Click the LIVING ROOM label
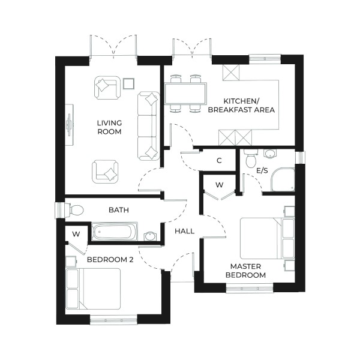tap(110, 127)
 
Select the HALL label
tap(184, 231)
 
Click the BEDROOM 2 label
tap(110, 260)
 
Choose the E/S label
tap(262, 171)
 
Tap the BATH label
tap(118, 210)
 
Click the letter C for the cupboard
tap(219, 160)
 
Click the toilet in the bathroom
tap(74, 211)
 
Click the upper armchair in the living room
tap(106, 88)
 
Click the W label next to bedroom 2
tap(76, 233)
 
